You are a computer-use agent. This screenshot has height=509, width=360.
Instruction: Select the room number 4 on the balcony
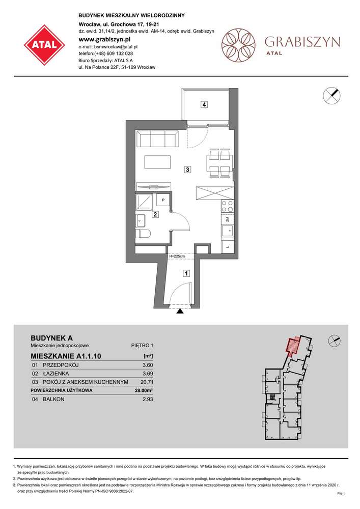204,105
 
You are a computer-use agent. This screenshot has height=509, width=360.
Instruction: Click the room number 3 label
188,169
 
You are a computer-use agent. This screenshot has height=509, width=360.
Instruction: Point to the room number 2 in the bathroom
155,215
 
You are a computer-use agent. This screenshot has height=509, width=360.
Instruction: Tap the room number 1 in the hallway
186,273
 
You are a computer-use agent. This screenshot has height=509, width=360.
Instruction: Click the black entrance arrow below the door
180,312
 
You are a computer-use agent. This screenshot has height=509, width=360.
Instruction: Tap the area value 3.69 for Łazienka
148,373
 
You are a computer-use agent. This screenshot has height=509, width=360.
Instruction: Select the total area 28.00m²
145,391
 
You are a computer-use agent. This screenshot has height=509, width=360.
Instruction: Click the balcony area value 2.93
148,400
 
